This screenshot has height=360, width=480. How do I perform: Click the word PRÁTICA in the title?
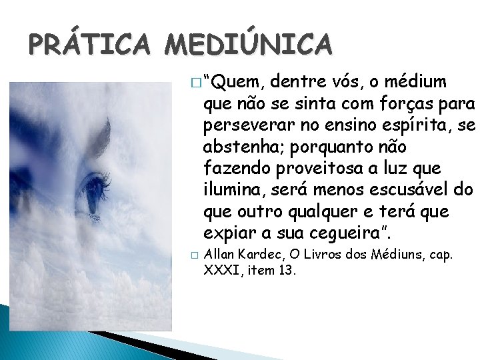89,45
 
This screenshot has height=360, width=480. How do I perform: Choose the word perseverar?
249,125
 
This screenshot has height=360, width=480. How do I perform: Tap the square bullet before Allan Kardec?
193,255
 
